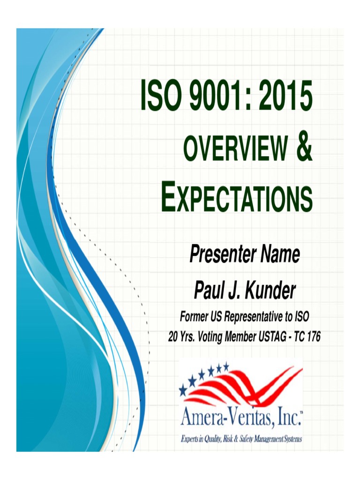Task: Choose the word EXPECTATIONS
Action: [236, 199]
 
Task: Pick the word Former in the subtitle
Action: [194, 317]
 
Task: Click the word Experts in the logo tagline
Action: [192, 439]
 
